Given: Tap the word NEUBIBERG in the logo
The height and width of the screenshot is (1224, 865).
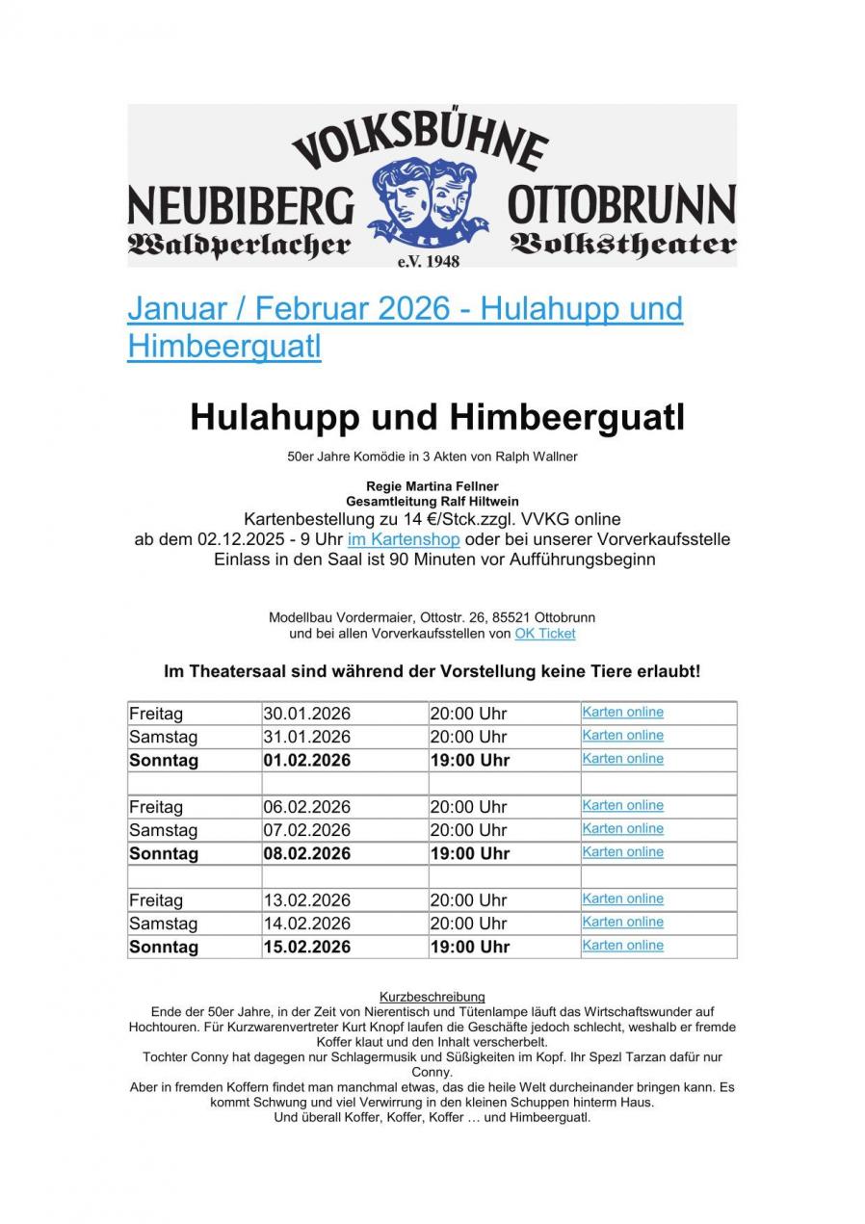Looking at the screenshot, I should [241, 204].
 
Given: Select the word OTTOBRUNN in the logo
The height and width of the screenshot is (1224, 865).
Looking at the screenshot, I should [621, 204].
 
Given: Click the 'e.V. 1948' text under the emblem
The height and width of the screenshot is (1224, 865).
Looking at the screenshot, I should [428, 261].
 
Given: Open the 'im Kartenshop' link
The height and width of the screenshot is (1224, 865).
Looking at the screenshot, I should [404, 539].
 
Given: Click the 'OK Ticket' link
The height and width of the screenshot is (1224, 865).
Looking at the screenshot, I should [544, 633].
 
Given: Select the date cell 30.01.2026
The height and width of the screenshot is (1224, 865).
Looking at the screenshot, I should [306, 714].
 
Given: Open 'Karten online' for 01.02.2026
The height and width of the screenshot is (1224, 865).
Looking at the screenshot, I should [622, 759].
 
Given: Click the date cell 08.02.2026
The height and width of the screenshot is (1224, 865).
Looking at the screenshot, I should [306, 853].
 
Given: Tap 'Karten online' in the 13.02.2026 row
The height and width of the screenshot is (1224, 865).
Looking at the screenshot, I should [622, 898].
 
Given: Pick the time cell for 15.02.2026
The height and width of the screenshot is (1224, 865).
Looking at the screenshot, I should [469, 947].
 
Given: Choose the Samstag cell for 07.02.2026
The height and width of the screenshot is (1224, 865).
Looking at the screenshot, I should [163, 830].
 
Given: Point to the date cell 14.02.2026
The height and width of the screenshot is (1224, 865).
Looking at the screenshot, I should [306, 924].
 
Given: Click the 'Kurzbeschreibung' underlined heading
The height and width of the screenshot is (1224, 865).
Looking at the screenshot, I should [432, 997].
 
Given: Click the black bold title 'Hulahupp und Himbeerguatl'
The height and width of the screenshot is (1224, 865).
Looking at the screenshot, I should [436, 418].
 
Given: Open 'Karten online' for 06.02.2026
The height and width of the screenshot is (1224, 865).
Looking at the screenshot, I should [622, 805].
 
